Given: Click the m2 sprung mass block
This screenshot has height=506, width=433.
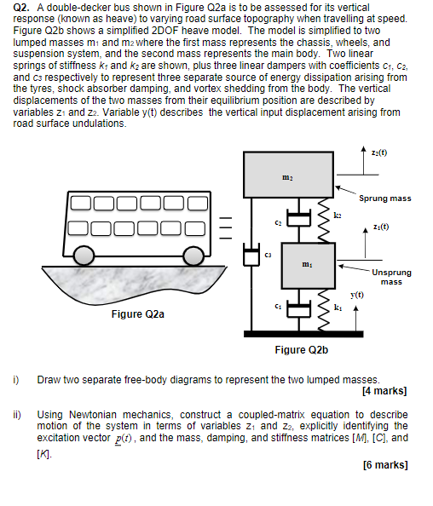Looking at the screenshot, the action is [x=288, y=175].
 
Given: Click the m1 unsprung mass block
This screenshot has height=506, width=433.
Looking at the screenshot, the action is [x=309, y=266].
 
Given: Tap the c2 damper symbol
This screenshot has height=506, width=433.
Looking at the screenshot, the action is [x=298, y=217].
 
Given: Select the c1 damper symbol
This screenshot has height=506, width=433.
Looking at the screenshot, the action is [x=298, y=309].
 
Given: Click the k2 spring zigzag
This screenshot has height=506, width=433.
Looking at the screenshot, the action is [x=324, y=221].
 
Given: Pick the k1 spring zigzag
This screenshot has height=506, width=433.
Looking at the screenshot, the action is [x=324, y=310].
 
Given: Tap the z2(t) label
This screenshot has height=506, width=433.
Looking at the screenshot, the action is [x=379, y=152].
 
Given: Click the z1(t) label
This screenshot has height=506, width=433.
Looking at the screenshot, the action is [x=381, y=227].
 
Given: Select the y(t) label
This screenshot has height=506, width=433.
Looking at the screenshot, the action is [x=357, y=295].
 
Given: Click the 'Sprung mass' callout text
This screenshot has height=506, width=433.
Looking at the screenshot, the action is [x=385, y=198].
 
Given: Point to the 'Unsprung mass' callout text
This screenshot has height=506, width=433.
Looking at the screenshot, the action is [x=391, y=277].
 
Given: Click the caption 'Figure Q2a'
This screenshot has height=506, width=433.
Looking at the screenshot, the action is [x=138, y=314].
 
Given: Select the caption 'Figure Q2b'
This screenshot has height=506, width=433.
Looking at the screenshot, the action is [x=301, y=350].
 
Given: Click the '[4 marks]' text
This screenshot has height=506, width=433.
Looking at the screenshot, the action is [x=384, y=391].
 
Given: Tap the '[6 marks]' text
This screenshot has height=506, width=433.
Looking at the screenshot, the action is [x=385, y=465].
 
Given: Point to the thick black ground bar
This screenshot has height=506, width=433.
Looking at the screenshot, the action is [x=303, y=334].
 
